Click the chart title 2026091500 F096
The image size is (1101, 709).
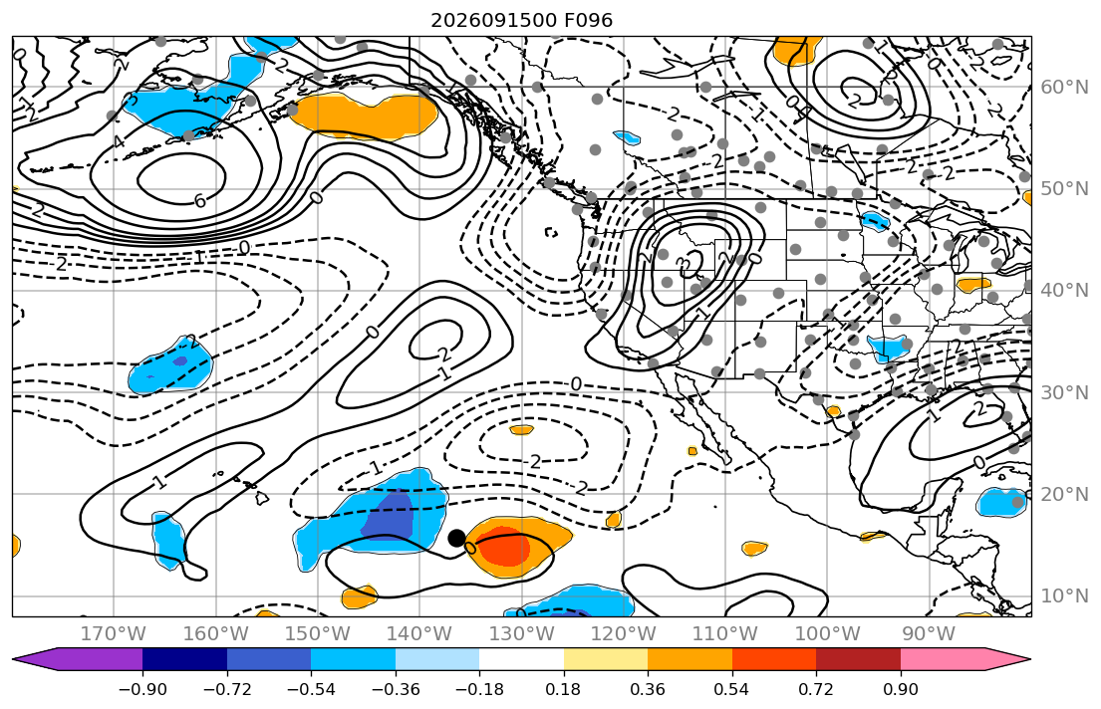click(522, 20)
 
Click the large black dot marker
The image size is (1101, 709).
click(456, 539)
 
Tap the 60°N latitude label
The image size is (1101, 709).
click(1064, 87)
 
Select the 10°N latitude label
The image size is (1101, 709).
click(1064, 596)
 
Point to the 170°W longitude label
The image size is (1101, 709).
click(114, 634)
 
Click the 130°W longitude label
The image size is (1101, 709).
click(522, 634)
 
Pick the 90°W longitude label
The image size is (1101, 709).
click(929, 634)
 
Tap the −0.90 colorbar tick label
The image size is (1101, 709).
click(142, 689)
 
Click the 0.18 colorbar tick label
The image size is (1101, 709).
click(564, 689)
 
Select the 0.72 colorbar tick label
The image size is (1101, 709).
click(816, 689)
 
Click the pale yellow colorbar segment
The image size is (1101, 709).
click(606, 659)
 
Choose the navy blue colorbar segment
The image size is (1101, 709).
click(184, 659)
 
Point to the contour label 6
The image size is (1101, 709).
click(200, 201)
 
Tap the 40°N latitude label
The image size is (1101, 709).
click(1064, 290)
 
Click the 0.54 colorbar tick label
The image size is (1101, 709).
click(731, 689)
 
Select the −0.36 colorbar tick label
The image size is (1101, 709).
click(396, 689)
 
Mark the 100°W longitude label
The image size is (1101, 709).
click(827, 634)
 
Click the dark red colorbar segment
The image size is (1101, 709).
click(858, 659)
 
